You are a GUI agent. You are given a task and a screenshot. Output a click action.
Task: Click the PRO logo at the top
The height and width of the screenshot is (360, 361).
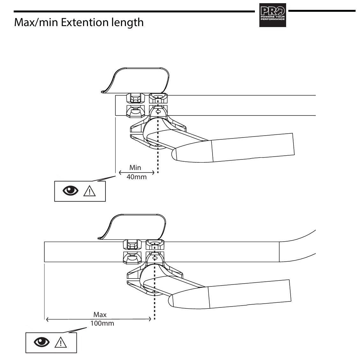coord(272,15)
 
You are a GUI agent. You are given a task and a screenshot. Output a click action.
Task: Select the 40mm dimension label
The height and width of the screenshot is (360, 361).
coord(136,177)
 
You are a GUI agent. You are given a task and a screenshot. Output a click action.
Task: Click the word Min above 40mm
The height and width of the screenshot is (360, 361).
coord(135,167)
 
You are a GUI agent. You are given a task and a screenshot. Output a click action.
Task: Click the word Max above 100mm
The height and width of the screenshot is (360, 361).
coord(100,314)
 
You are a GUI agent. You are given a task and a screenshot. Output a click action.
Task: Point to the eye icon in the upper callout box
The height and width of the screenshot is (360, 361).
coord(70,191)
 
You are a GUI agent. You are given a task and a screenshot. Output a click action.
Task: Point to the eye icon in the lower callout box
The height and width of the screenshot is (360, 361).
coord(42,342)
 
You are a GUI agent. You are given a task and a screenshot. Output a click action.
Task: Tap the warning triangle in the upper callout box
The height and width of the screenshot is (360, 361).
coord(90,191)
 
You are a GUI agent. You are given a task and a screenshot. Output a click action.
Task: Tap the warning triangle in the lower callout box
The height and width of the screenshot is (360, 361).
coord(61,342)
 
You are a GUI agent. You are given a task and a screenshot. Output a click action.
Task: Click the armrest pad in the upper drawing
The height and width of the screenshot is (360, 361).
coord(137,80)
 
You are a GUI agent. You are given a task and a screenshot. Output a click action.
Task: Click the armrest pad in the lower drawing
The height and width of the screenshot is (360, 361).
coord(134,227)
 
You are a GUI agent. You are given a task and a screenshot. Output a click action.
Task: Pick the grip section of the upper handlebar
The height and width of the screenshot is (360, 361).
coord(252,147)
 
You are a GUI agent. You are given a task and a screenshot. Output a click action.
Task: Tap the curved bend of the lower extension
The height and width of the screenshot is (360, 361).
coord(300,242)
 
